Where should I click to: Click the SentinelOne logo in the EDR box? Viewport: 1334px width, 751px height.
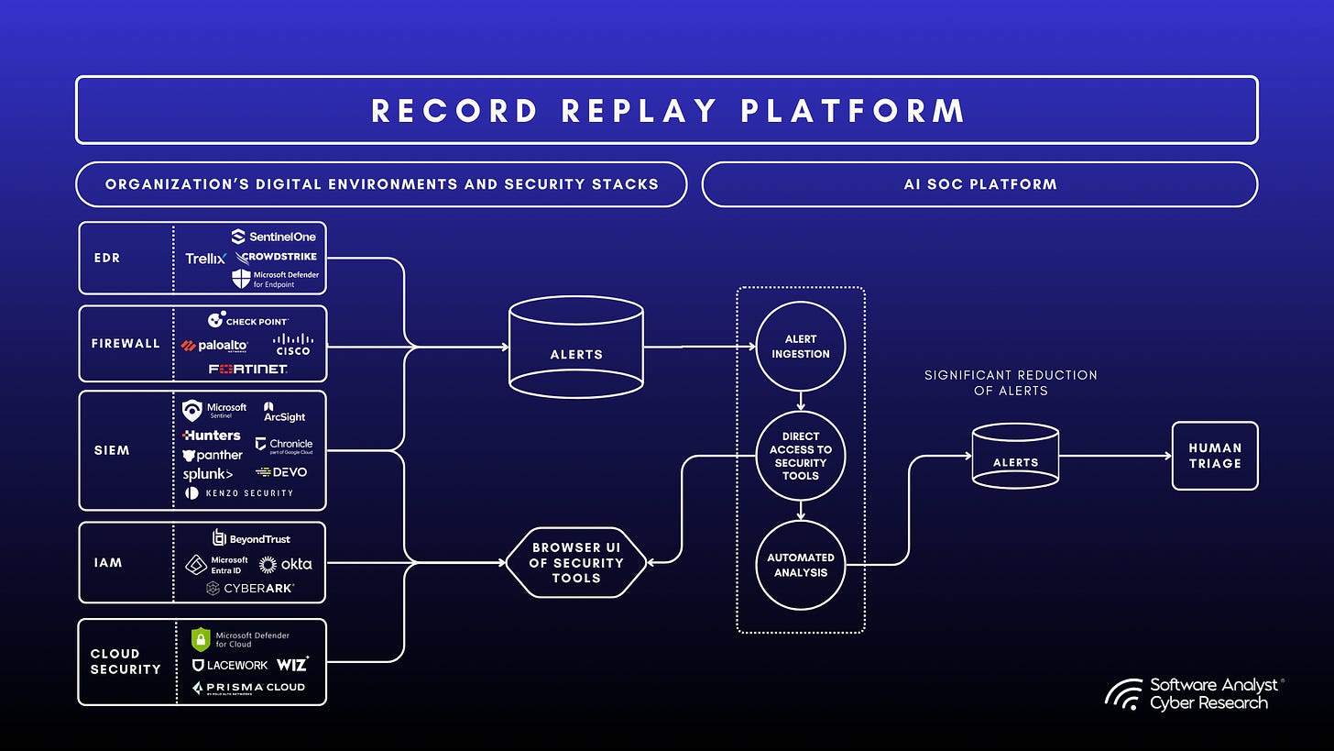[273, 237]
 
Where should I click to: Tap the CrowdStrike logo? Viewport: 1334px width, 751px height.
[276, 258]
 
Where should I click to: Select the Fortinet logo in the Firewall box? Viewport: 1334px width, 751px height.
[247, 369]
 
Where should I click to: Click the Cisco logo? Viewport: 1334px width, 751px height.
[292, 345]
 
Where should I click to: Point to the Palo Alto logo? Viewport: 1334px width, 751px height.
[214, 346]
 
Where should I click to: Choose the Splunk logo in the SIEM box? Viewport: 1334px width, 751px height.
[207, 474]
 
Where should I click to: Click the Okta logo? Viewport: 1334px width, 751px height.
[286, 565]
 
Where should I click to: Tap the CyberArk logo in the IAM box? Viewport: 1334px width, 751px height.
[250, 588]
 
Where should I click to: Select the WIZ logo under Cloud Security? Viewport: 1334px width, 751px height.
[292, 664]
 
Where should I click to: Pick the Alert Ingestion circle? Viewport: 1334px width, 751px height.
[800, 347]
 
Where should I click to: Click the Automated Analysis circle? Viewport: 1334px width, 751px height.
[800, 565]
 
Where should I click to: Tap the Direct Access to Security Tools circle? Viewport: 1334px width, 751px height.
[800, 456]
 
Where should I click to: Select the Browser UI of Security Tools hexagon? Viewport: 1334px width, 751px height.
[576, 563]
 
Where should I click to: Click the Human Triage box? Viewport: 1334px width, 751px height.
[1214, 456]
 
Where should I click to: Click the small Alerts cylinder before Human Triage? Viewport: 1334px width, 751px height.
[1015, 456]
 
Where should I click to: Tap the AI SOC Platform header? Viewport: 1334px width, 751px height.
[979, 184]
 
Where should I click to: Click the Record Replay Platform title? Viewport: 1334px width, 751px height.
[667, 110]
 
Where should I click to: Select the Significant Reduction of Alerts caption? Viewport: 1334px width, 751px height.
[1011, 382]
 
